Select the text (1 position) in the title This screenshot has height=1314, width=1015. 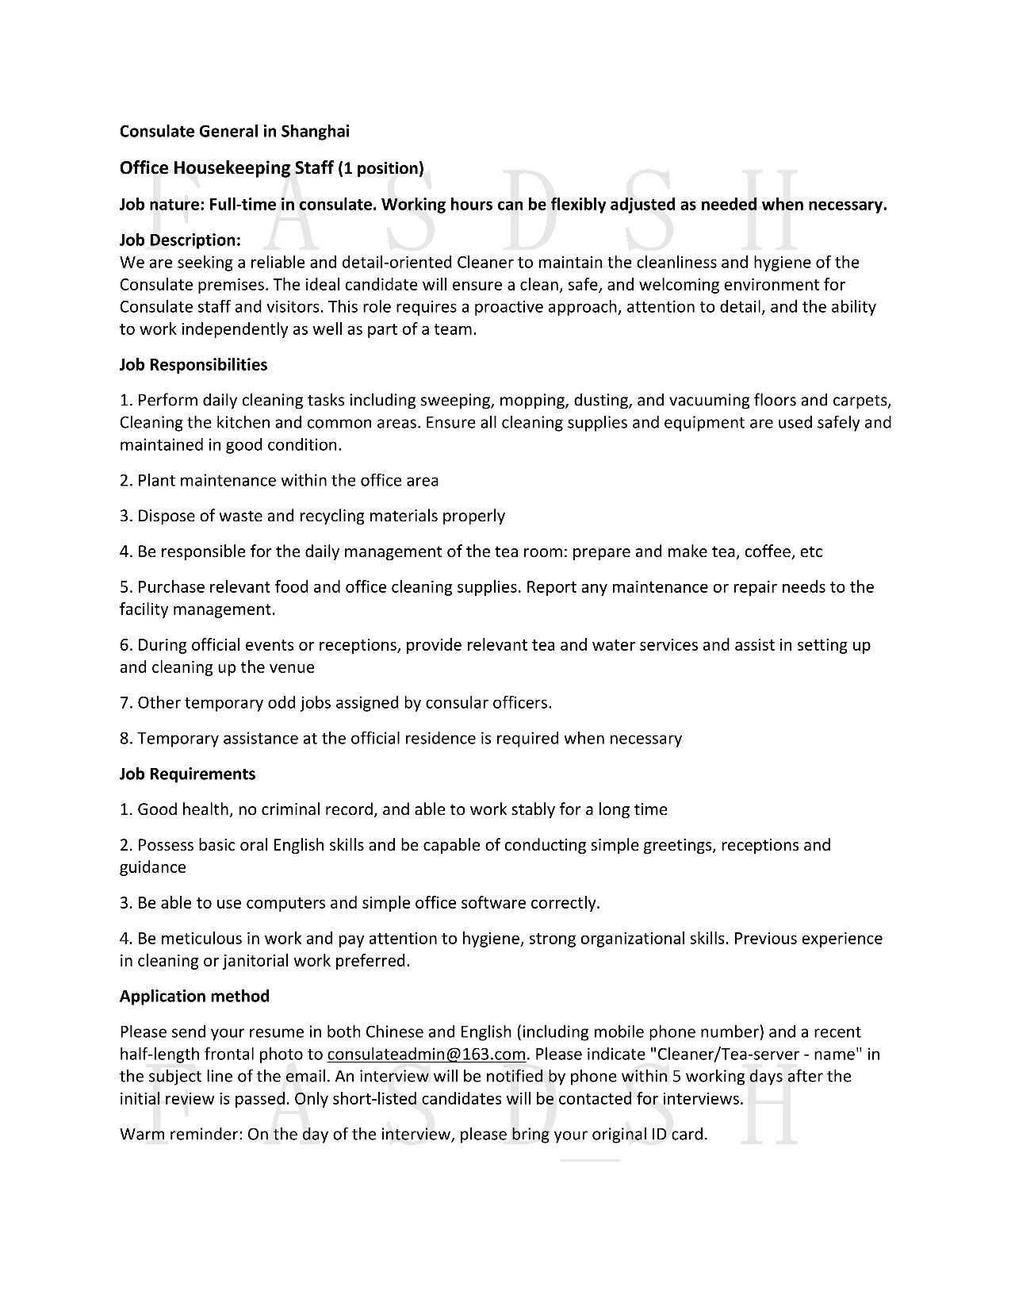[x=381, y=168]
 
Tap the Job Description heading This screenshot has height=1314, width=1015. [x=180, y=240]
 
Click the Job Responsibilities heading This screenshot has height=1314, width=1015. [x=193, y=365]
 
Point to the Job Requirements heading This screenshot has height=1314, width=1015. [x=187, y=774]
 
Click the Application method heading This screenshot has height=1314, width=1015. [x=194, y=996]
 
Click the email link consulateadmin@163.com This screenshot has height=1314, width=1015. [x=427, y=1055]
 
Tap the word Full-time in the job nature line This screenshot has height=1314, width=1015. [x=236, y=205]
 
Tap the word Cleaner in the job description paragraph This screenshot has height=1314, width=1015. [x=485, y=263]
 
